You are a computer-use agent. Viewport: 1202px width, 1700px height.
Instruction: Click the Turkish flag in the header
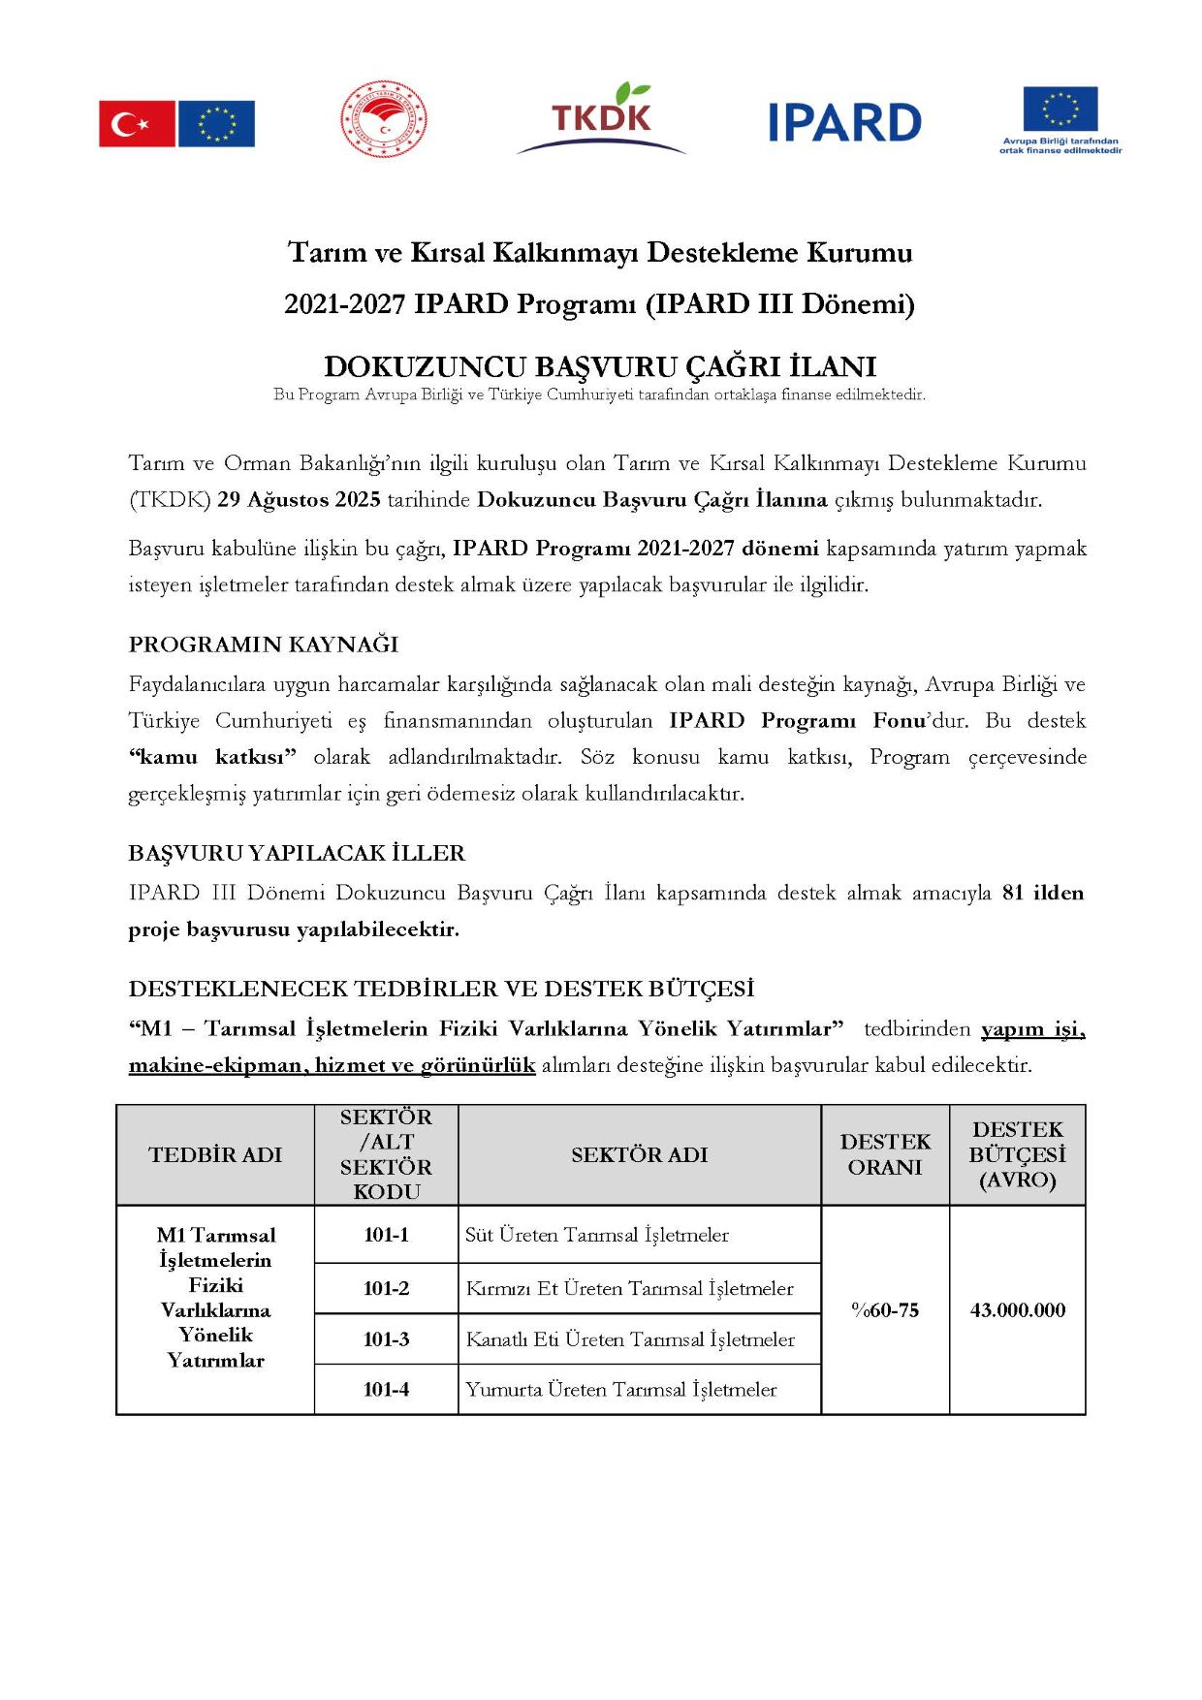click(x=137, y=124)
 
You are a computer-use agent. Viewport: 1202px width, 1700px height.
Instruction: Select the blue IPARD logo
click(x=844, y=123)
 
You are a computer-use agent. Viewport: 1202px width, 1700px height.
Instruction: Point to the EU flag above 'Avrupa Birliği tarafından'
click(x=1060, y=109)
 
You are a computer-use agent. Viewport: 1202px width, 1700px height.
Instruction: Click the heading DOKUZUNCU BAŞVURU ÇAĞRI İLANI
click(x=600, y=366)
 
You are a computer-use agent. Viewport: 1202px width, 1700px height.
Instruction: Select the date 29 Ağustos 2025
click(x=299, y=500)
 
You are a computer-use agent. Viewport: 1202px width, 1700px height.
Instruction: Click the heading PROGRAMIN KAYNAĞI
click(x=264, y=645)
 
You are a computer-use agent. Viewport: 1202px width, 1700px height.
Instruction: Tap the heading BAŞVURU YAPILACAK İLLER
click(x=297, y=853)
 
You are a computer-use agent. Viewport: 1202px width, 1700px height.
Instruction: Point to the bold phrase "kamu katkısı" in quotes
click(x=212, y=757)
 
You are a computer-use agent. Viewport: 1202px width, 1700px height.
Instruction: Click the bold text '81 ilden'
click(x=1043, y=893)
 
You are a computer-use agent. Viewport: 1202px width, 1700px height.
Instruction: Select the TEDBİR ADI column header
click(x=215, y=1154)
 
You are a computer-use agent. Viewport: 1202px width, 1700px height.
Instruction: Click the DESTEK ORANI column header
click(x=885, y=1154)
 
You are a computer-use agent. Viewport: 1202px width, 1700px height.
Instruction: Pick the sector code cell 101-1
click(x=386, y=1235)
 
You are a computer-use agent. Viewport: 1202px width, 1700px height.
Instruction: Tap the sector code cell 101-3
click(x=386, y=1339)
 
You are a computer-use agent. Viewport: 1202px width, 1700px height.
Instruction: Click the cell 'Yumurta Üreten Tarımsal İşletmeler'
click(x=621, y=1390)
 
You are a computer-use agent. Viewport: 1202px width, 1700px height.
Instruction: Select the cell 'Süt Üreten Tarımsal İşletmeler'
click(x=597, y=1235)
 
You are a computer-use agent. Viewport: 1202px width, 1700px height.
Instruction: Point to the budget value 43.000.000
click(x=1017, y=1310)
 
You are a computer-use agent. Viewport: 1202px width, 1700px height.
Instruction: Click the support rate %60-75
click(x=885, y=1310)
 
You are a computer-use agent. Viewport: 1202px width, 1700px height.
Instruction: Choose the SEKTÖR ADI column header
click(x=639, y=1154)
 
